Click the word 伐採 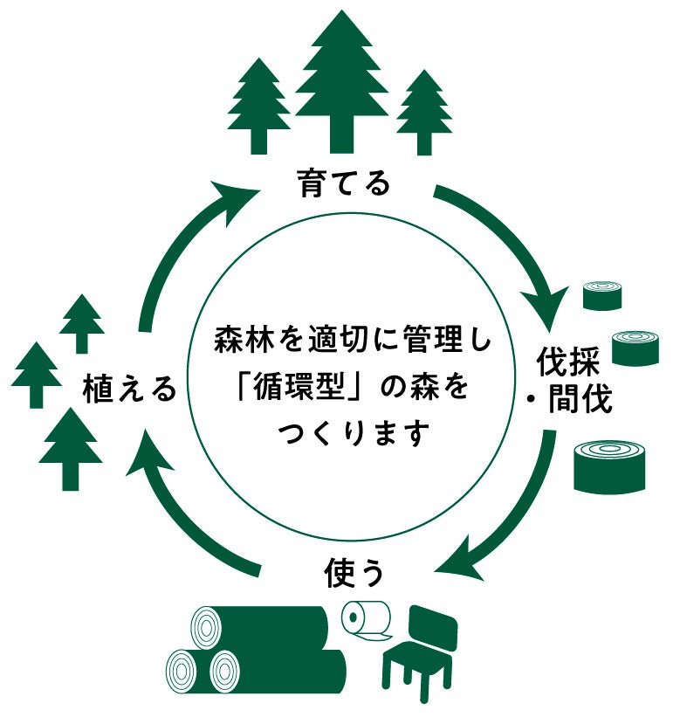click(568, 361)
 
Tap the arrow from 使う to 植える click(183, 515)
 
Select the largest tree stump click(608, 465)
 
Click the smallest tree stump click(602, 294)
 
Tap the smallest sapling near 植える click(83, 321)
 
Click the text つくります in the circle click(354, 432)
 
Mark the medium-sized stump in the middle click(635, 347)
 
